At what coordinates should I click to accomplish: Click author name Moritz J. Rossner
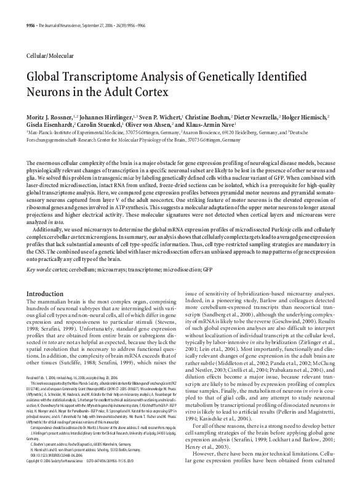(x=50, y=116)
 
